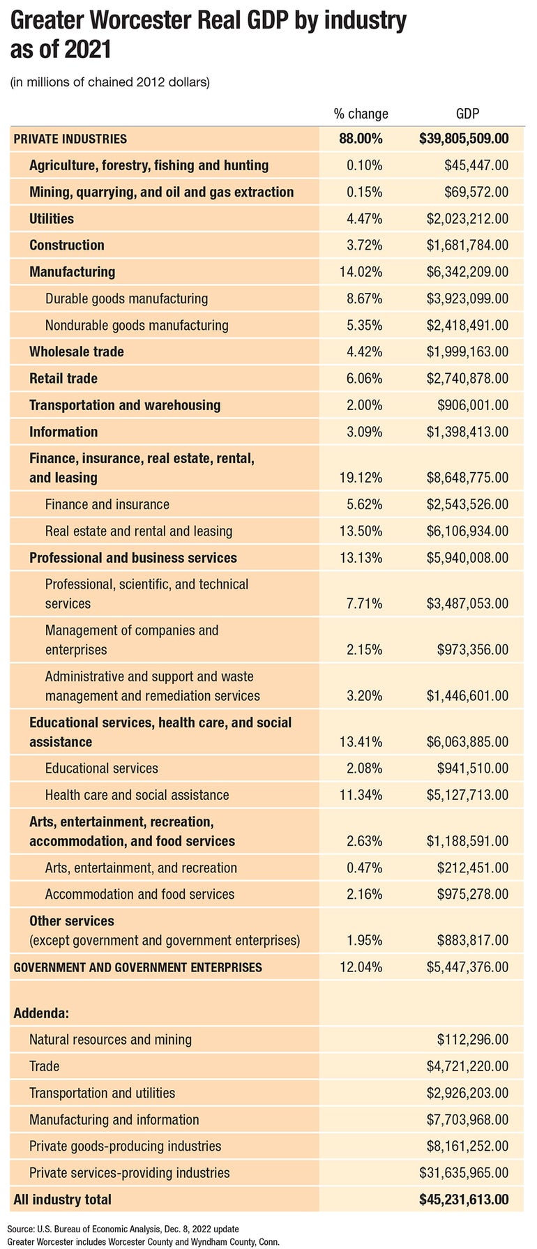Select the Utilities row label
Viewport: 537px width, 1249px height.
(x=52, y=218)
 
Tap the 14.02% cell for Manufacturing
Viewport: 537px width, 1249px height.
(x=361, y=272)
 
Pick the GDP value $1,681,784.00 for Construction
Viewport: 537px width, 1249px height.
(x=467, y=245)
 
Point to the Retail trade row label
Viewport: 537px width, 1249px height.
(x=63, y=379)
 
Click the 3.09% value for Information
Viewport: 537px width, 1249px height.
(x=364, y=432)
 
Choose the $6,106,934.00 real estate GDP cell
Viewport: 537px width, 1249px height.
(x=467, y=531)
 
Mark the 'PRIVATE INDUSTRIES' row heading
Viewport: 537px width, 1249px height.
(x=70, y=139)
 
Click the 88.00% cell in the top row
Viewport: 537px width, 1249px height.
(x=361, y=139)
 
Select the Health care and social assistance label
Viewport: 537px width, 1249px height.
(x=137, y=795)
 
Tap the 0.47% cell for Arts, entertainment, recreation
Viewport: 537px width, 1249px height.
(x=364, y=868)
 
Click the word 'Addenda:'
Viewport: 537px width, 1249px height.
(x=40, y=1012)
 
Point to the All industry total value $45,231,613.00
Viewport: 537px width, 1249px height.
(x=464, y=1200)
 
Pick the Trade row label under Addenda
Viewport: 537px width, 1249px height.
(x=45, y=1066)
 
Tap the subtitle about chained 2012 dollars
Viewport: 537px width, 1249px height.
(x=109, y=82)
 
